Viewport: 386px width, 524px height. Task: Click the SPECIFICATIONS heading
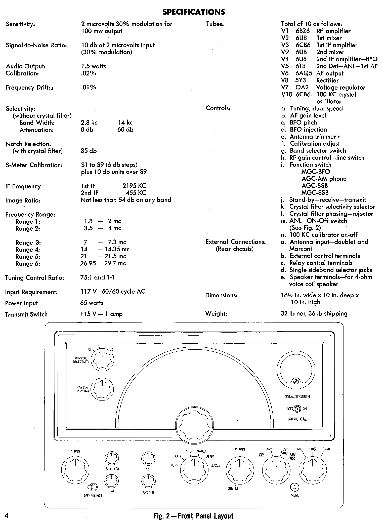[x=194, y=12]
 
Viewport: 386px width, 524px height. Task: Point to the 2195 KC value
[x=134, y=186]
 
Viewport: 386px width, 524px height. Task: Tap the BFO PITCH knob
[x=111, y=458]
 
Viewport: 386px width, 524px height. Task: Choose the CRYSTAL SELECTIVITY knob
[x=102, y=360]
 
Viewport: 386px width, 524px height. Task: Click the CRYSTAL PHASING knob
[x=102, y=389]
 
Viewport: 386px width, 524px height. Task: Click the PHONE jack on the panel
[x=294, y=488]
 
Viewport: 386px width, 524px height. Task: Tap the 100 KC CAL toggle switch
[x=297, y=409]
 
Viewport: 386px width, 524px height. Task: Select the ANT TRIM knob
[x=148, y=481]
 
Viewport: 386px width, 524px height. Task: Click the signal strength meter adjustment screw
[x=296, y=382]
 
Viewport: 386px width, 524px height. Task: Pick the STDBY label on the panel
[x=313, y=449]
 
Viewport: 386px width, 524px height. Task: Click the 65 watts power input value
[x=92, y=303]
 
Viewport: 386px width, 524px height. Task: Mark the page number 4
[x=7, y=516]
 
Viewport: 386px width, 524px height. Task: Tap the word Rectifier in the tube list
[x=327, y=80]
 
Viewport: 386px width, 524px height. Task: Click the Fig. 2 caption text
[x=193, y=516]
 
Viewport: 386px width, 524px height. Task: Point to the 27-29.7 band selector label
[x=216, y=465]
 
